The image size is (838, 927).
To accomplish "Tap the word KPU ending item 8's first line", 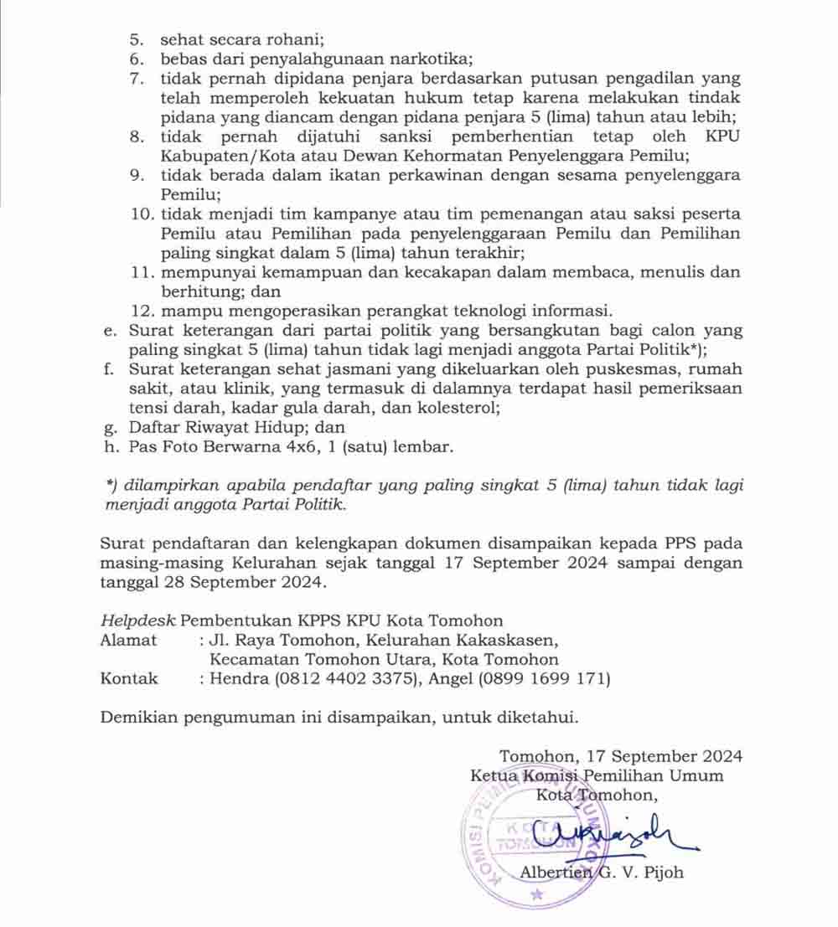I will [722, 136].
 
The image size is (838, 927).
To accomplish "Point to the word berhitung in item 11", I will [194, 291].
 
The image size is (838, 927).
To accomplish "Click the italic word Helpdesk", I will [137, 621].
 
